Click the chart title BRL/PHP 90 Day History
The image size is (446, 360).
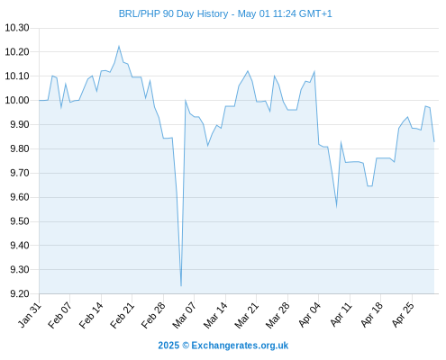pos(173,13)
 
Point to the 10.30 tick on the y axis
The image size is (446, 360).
pos(17,28)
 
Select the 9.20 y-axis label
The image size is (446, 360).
pos(20,293)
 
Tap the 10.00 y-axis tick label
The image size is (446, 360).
pos(17,100)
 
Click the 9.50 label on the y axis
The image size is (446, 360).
pos(20,221)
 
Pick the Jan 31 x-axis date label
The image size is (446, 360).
pos(29,315)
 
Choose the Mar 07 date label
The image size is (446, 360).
pos(184,315)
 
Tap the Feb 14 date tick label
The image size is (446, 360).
pos(91,315)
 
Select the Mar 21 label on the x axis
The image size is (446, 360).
pos(246,315)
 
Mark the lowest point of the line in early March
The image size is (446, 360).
pos(181,286)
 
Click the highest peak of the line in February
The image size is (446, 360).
pos(119,46)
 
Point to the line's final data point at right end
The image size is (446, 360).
pos(434,141)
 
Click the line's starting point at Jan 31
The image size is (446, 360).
pos(39,100)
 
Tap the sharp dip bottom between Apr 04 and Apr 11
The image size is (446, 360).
pos(336,206)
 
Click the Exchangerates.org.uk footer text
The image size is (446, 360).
pos(240,346)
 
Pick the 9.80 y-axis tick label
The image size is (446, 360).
pos(20,148)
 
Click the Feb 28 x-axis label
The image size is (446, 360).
pos(153,315)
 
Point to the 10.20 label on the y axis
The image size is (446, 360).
pos(17,52)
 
